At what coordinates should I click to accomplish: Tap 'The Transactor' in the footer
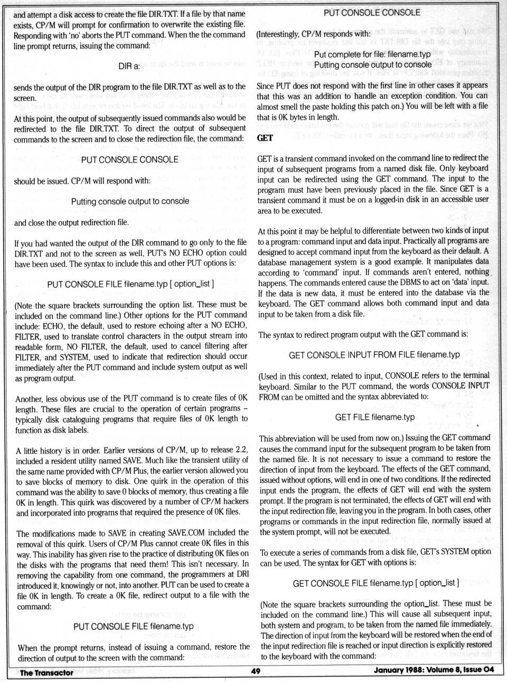[x=46, y=672]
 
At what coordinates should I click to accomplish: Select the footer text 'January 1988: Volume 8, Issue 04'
[x=434, y=670]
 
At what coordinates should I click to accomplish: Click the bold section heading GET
[x=265, y=138]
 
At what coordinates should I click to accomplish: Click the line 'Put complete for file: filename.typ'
[x=372, y=54]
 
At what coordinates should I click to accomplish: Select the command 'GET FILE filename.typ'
[x=375, y=417]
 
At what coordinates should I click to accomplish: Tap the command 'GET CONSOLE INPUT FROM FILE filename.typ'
[x=374, y=355]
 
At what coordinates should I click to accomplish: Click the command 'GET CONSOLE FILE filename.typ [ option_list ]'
[x=375, y=583]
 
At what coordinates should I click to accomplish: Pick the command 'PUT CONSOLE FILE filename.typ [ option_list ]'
[x=130, y=284]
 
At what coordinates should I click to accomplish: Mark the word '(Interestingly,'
[x=277, y=34]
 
